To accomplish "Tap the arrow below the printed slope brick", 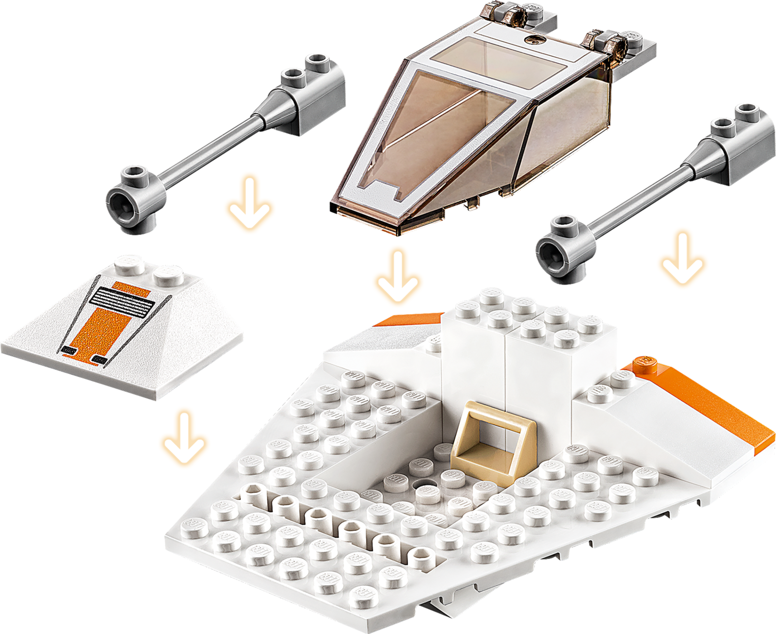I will coord(184,437).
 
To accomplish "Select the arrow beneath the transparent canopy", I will coord(398,277).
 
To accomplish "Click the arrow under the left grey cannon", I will coord(249,204).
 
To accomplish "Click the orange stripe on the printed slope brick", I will coord(102,330).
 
